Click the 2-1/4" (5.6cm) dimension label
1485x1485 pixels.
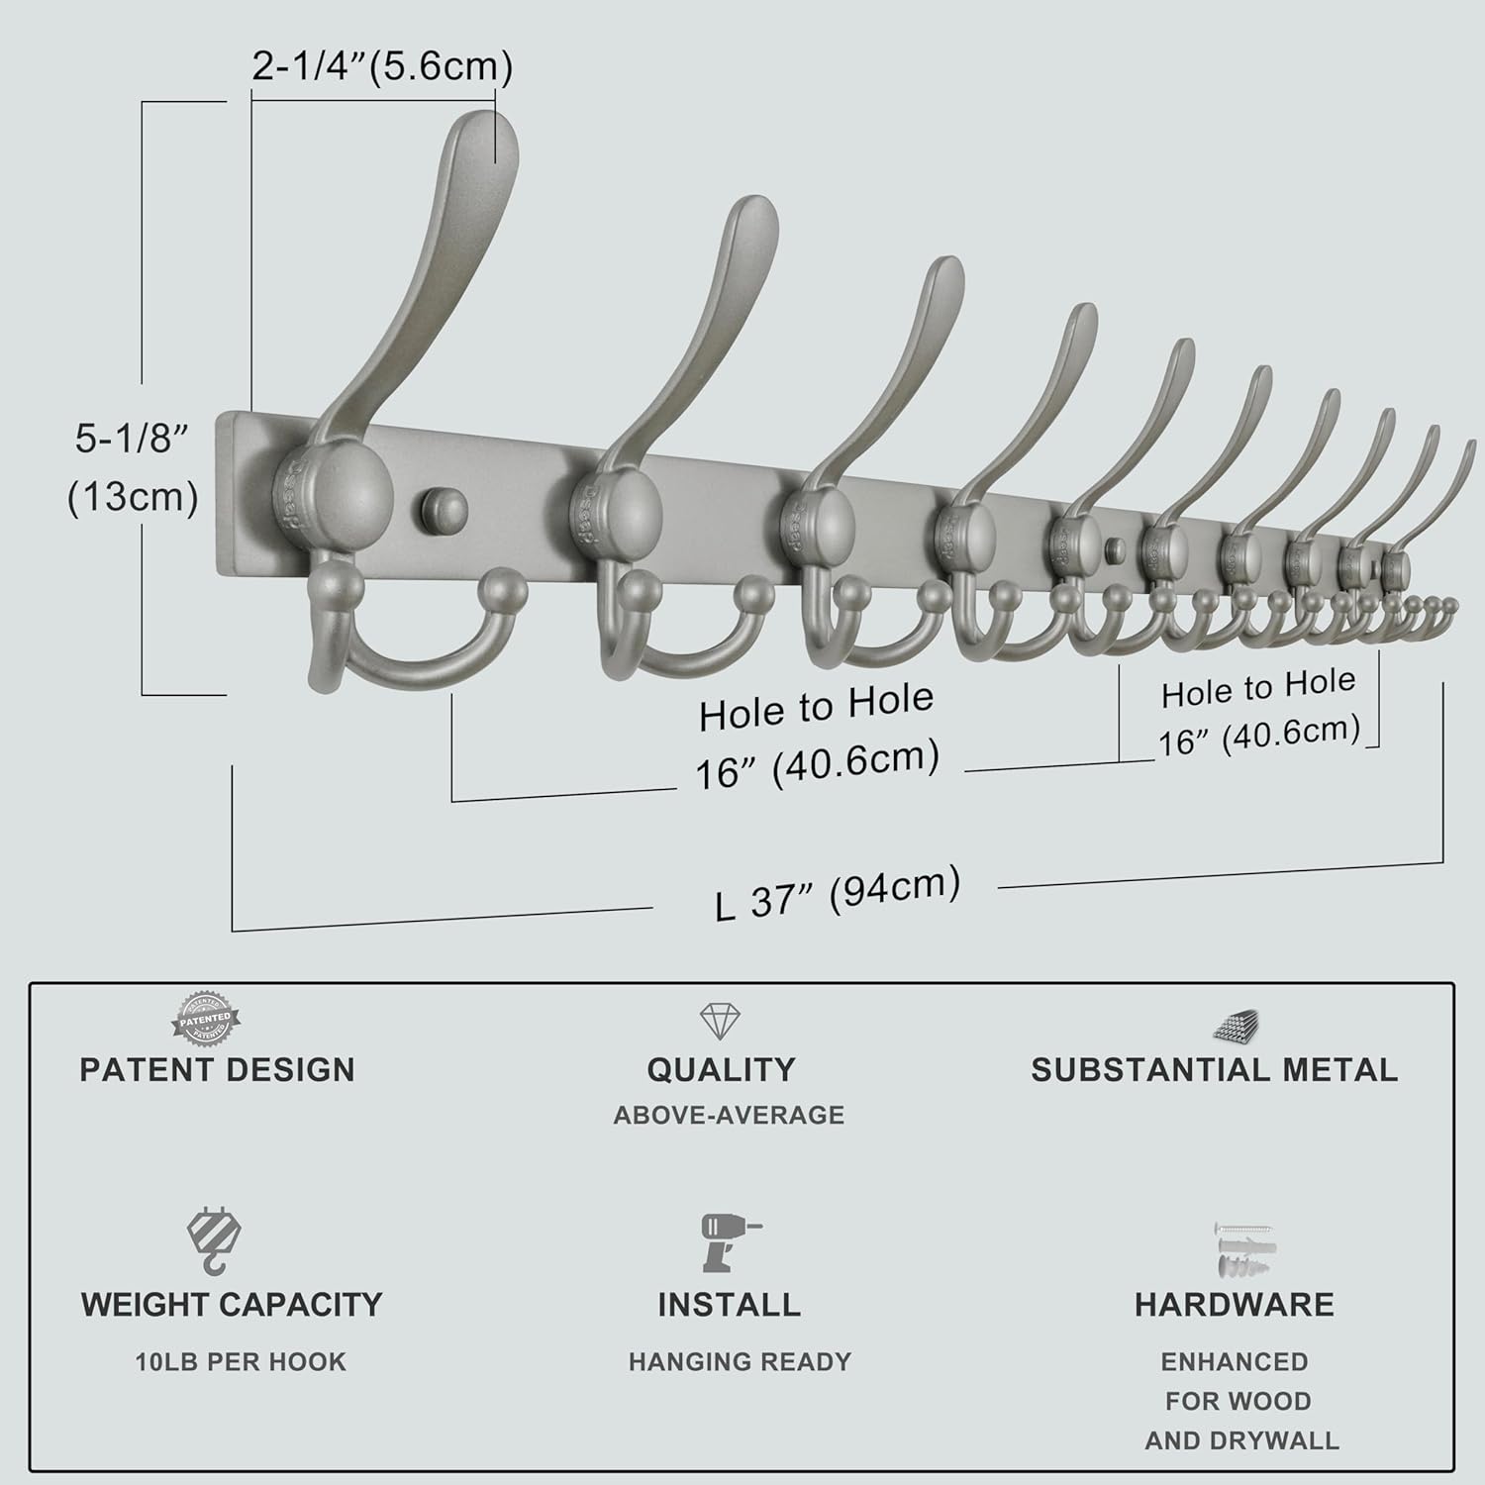coord(381,66)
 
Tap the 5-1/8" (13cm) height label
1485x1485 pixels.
coord(133,467)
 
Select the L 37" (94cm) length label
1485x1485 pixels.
coord(838,893)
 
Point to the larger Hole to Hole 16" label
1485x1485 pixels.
coord(817,735)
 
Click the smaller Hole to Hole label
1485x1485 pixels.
coord(1258,710)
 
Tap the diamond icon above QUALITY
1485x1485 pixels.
coord(720,1021)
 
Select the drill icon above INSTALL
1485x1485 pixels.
coord(728,1241)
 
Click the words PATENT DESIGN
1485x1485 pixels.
coord(217,1070)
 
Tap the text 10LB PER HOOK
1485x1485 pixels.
coord(241,1362)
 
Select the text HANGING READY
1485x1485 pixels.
coord(740,1362)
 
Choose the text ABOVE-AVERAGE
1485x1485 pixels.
coord(729,1116)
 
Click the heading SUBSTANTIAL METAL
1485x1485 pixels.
coord(1214,1070)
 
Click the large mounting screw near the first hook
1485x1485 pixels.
coord(444,509)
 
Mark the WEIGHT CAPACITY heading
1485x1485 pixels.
coord(232,1305)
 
